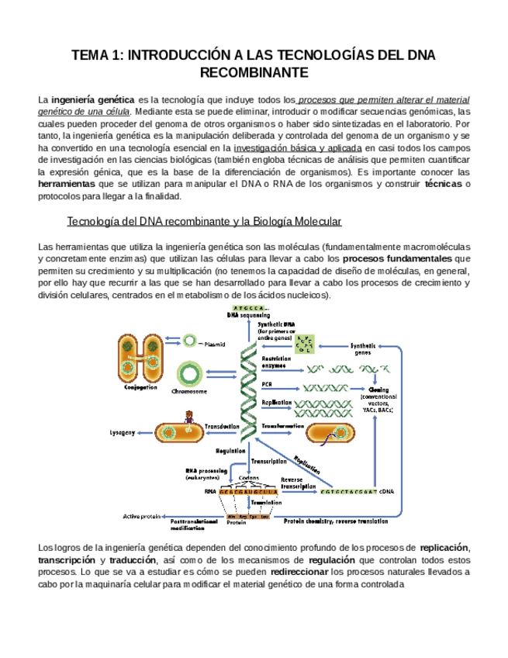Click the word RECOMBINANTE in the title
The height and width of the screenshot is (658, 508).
[x=254, y=73]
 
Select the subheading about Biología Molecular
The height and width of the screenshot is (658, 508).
[x=205, y=222]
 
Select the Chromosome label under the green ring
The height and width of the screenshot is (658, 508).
[x=189, y=392]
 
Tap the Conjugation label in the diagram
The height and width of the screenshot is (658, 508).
[x=140, y=387]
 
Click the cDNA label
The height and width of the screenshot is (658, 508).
[x=388, y=491]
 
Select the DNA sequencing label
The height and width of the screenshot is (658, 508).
[x=248, y=316]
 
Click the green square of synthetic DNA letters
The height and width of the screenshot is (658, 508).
[x=308, y=343]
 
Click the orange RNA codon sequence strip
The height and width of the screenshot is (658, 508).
[x=248, y=491]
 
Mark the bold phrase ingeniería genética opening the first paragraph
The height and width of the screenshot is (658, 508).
[x=92, y=100]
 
